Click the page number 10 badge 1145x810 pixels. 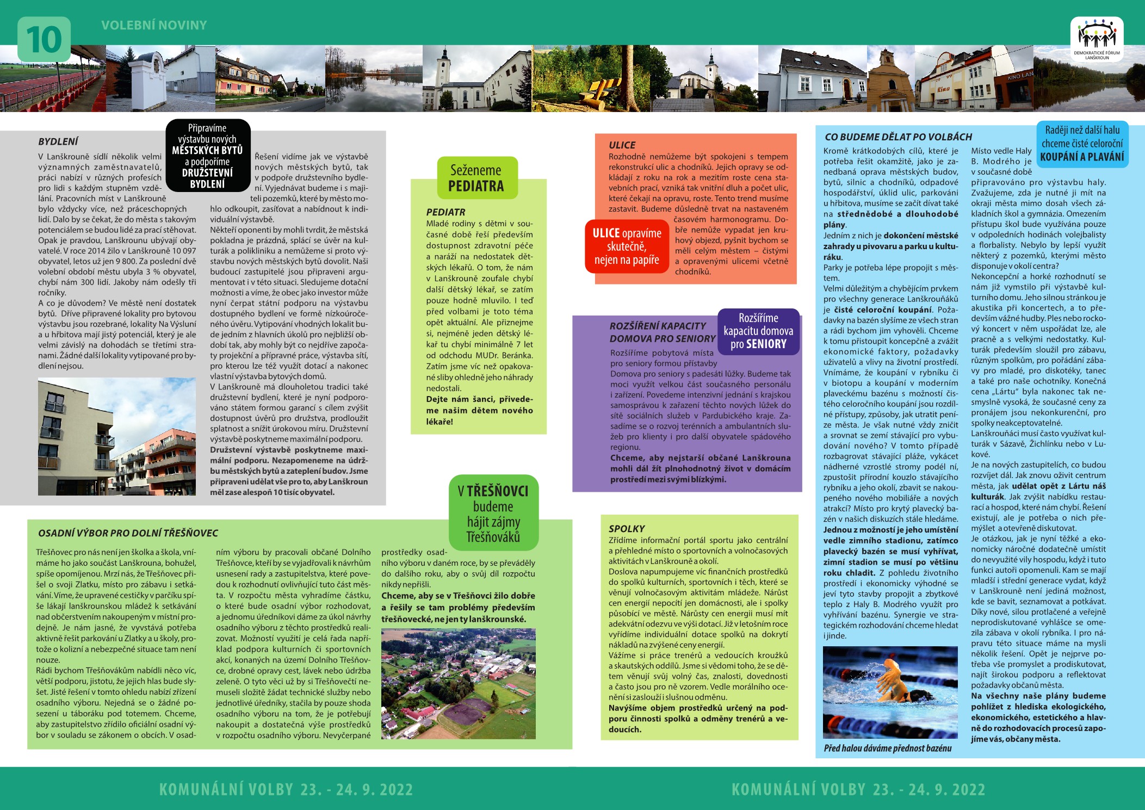click(x=44, y=39)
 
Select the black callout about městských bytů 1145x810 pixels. click(x=208, y=156)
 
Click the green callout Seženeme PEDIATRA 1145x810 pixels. click(x=476, y=178)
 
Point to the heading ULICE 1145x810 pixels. click(x=622, y=145)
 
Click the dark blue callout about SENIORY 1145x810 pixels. click(x=758, y=331)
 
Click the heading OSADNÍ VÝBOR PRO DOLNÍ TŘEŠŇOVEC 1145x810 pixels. click(x=128, y=533)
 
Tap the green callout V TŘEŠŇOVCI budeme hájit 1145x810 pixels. click(x=493, y=514)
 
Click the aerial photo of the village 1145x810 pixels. click(x=458, y=683)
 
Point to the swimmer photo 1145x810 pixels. click(x=890, y=692)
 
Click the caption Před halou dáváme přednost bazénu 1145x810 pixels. click(x=888, y=749)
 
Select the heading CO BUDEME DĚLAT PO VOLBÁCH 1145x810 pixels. click(x=898, y=137)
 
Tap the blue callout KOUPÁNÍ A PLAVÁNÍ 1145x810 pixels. click(x=1082, y=144)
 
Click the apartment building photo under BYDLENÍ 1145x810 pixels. click(x=117, y=437)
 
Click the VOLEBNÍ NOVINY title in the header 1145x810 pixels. click(x=154, y=25)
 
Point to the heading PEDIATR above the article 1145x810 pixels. click(x=445, y=212)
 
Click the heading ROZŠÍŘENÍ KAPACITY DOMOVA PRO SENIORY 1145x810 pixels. click(x=662, y=332)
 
